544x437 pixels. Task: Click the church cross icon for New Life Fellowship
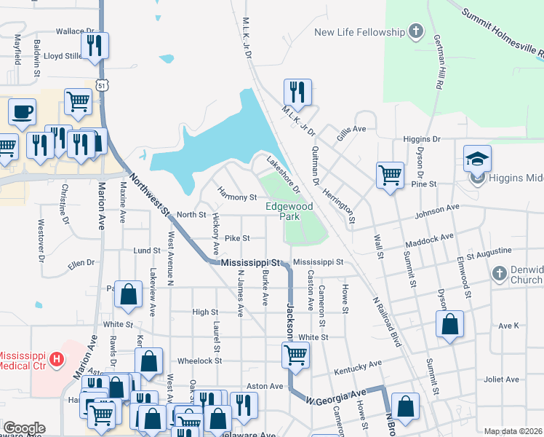pos(415,31)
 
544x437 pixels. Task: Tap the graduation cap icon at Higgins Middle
pos(477,159)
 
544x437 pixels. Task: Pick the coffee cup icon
pos(22,112)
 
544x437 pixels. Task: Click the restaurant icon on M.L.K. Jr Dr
pos(297,92)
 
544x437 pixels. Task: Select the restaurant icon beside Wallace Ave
pos(95,46)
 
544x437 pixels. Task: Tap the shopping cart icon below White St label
pos(295,355)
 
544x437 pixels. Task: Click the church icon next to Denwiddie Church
pos(499,274)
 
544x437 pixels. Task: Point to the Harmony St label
pos(237,197)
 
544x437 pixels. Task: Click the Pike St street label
pos(237,237)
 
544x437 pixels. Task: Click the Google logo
pos(24,428)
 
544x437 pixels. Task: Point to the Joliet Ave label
pos(502,379)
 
